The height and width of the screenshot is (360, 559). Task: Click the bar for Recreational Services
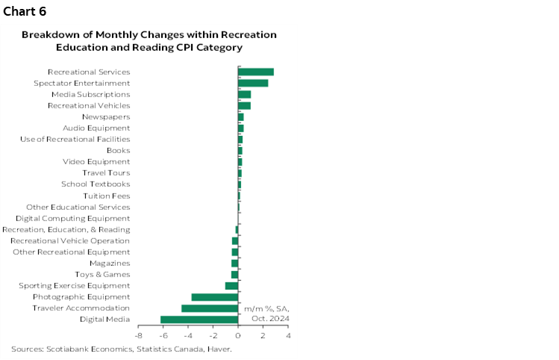[x=256, y=72]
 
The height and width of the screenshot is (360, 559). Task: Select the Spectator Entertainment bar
[x=253, y=83]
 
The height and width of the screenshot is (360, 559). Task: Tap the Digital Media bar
[x=199, y=320]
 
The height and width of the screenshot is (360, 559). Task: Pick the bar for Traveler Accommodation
[x=210, y=308]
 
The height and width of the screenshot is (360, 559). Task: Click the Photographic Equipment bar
[x=215, y=297]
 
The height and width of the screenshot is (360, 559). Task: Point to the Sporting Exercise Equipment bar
[x=231, y=286]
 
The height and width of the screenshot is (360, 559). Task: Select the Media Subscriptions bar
[x=245, y=95]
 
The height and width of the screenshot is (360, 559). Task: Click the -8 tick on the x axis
[x=138, y=336]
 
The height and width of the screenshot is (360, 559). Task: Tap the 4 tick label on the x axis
[x=288, y=336]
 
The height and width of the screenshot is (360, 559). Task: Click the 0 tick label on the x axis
[x=238, y=336]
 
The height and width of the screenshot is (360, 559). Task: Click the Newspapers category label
[x=106, y=117]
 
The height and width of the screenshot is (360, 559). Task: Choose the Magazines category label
[x=110, y=263]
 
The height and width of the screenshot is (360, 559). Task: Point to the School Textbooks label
[x=96, y=184]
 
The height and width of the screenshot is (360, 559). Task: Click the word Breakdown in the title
[x=51, y=34]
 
